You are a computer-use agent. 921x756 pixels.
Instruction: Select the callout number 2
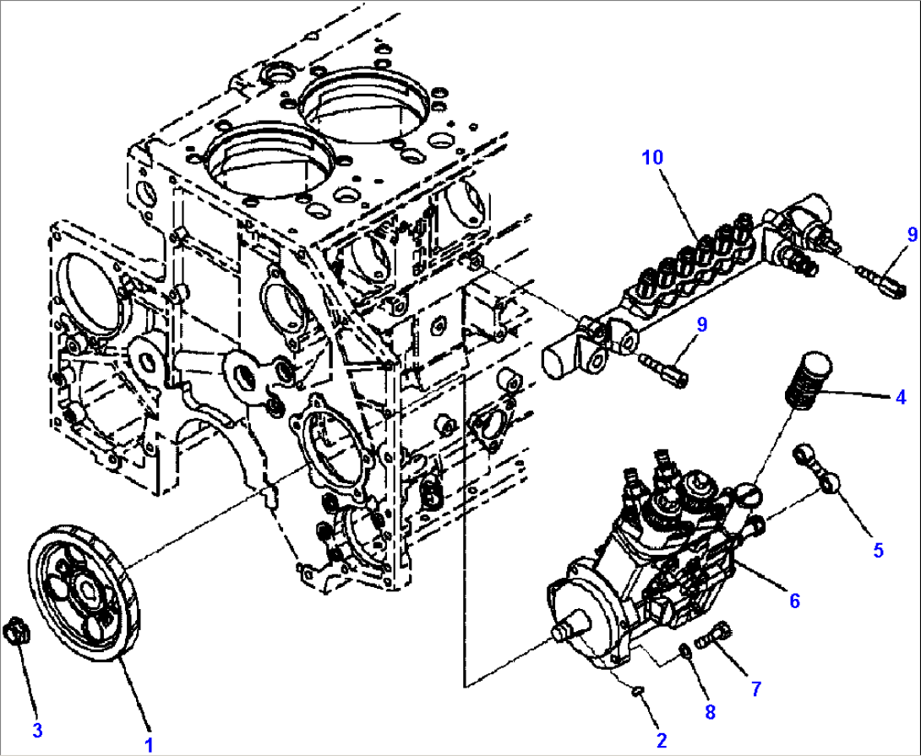pyautogui.click(x=662, y=740)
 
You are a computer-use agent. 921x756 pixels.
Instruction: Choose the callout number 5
pyautogui.click(x=878, y=551)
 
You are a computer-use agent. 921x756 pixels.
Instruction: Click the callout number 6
pyautogui.click(x=794, y=601)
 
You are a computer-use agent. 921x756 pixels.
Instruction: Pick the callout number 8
pyautogui.click(x=711, y=713)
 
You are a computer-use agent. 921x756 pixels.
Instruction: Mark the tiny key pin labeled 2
pyautogui.click(x=640, y=692)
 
